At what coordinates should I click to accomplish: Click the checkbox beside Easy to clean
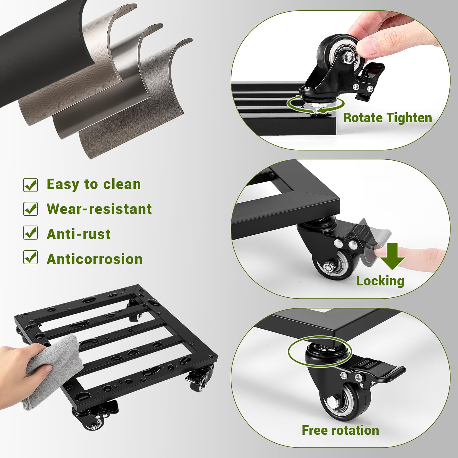[x=30, y=185]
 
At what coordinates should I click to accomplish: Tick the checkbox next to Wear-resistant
[x=30, y=209]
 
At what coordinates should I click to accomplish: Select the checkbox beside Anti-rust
[x=30, y=233]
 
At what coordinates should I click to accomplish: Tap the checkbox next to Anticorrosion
[x=30, y=257]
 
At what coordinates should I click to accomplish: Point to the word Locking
[x=380, y=281]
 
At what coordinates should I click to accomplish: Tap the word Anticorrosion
[x=94, y=259]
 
